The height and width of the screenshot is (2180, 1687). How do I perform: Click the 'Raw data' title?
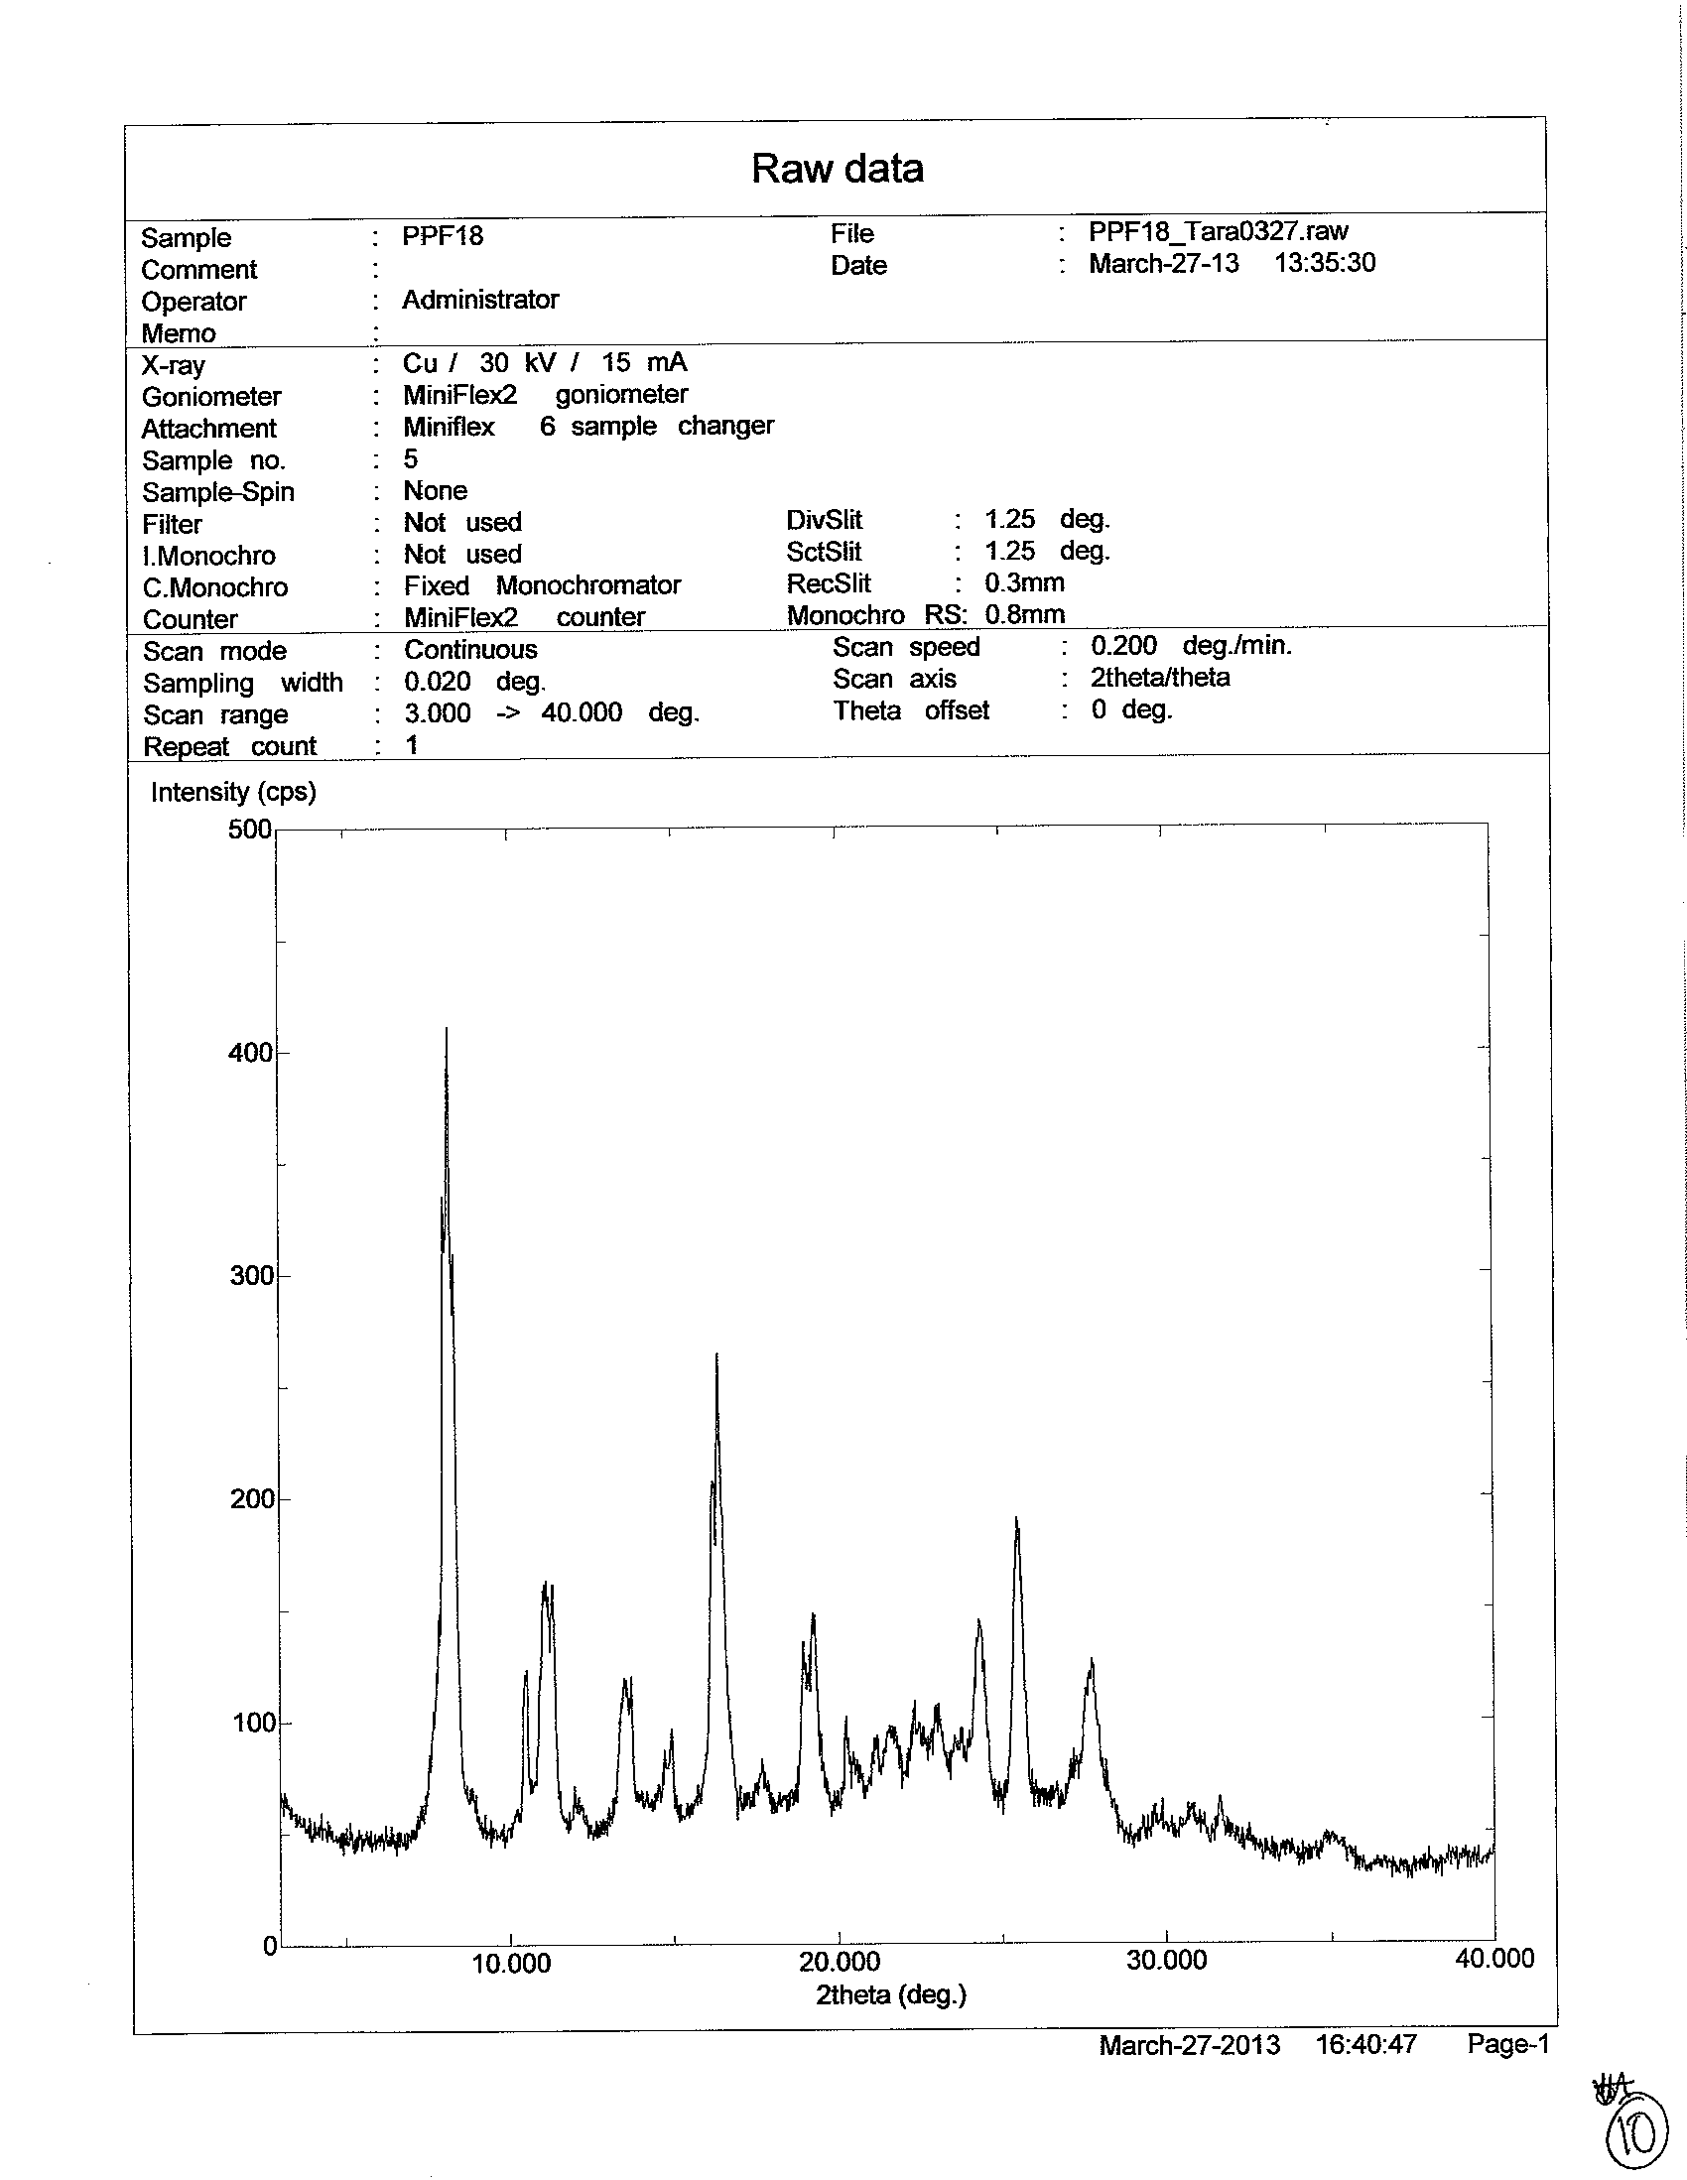point(837,169)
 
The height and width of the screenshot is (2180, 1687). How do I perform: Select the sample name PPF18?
point(443,235)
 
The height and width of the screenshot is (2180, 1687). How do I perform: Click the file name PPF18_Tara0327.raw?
point(1218,231)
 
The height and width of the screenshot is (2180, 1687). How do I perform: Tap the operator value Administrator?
point(480,300)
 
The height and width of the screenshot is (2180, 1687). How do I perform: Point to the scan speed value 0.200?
point(1123,646)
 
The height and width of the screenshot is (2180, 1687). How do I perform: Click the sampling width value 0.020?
point(438,683)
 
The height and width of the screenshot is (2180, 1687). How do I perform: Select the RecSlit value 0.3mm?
point(1024,582)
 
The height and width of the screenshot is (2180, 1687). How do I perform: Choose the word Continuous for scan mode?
point(470,650)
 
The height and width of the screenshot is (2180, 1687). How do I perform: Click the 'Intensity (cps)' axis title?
point(232,792)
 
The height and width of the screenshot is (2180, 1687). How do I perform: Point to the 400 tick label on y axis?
point(250,1053)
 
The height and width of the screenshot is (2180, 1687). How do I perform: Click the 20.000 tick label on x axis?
point(840,1963)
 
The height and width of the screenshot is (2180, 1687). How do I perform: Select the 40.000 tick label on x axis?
point(1494,1959)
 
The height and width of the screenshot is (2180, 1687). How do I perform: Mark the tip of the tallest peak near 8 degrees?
point(447,1029)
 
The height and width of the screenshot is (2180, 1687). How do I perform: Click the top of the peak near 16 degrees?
point(716,1354)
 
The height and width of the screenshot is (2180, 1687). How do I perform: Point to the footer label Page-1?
point(1507,2044)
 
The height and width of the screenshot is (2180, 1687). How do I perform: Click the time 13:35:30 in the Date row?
point(1325,264)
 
